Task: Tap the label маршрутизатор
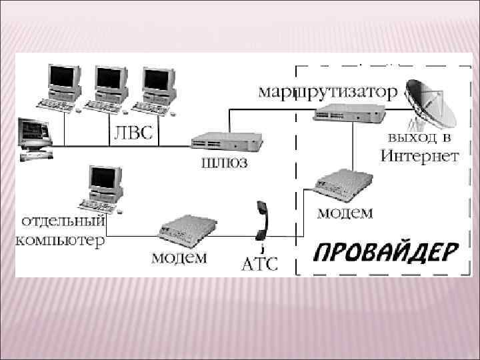pos(326,91)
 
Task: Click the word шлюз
pos(221,163)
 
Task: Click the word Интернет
pos(419,157)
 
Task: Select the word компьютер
pos(60,239)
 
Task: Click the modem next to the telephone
pos(187,231)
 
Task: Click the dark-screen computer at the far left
pos(35,137)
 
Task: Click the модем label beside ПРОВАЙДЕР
pos(344,213)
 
